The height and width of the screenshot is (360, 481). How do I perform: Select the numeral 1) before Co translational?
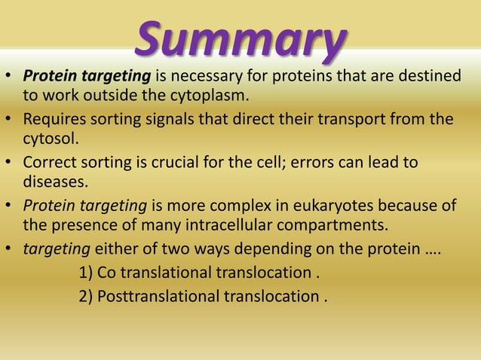[x=86, y=272]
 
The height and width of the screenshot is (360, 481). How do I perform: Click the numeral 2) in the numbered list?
[x=86, y=294]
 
